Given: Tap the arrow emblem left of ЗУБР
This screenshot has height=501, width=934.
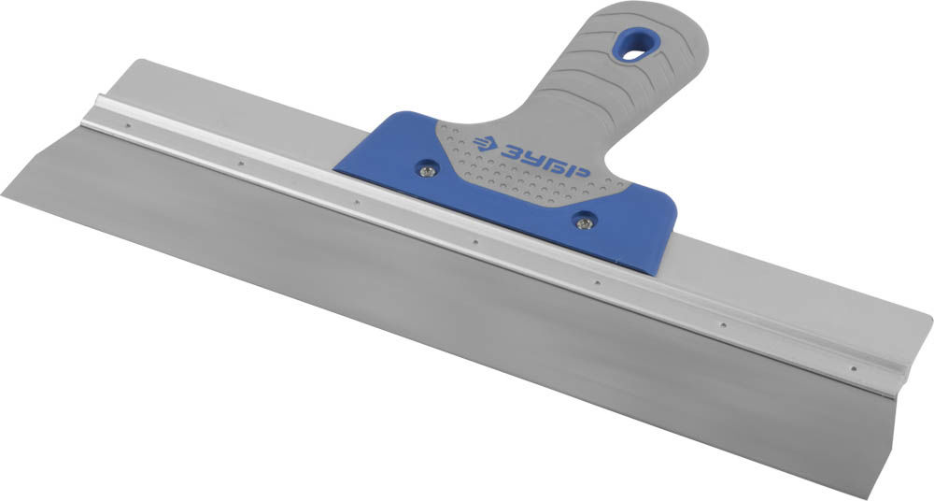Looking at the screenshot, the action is click(x=485, y=143).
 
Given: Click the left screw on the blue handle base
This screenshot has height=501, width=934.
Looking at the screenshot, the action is click(x=427, y=171).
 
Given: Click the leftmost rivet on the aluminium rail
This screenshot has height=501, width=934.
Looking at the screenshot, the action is click(x=127, y=125).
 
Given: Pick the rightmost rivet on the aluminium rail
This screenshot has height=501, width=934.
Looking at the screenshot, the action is click(x=854, y=368).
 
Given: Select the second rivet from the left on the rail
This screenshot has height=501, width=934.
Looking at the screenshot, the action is click(x=241, y=163).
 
